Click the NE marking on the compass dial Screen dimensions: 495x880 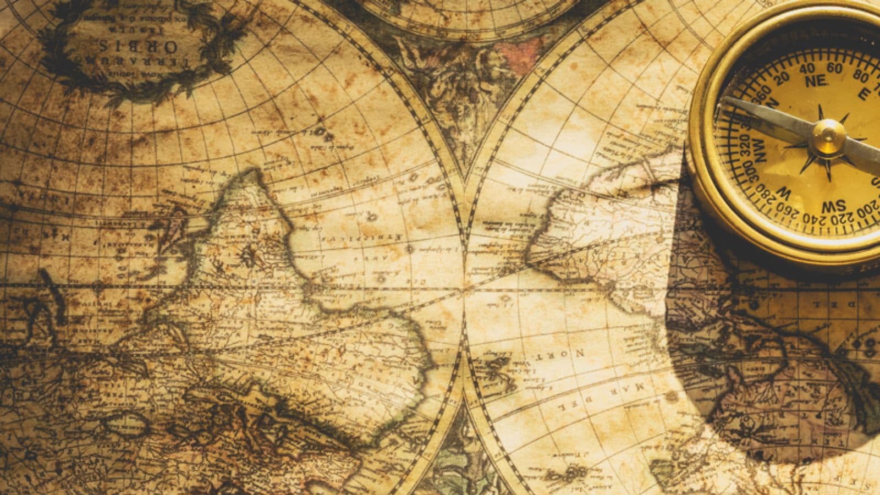pyautogui.click(x=816, y=81)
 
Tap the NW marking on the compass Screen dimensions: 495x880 pyautogui.click(x=762, y=150)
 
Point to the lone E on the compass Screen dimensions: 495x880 pyautogui.click(x=864, y=94)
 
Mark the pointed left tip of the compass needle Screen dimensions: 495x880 pyautogui.click(x=725, y=100)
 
